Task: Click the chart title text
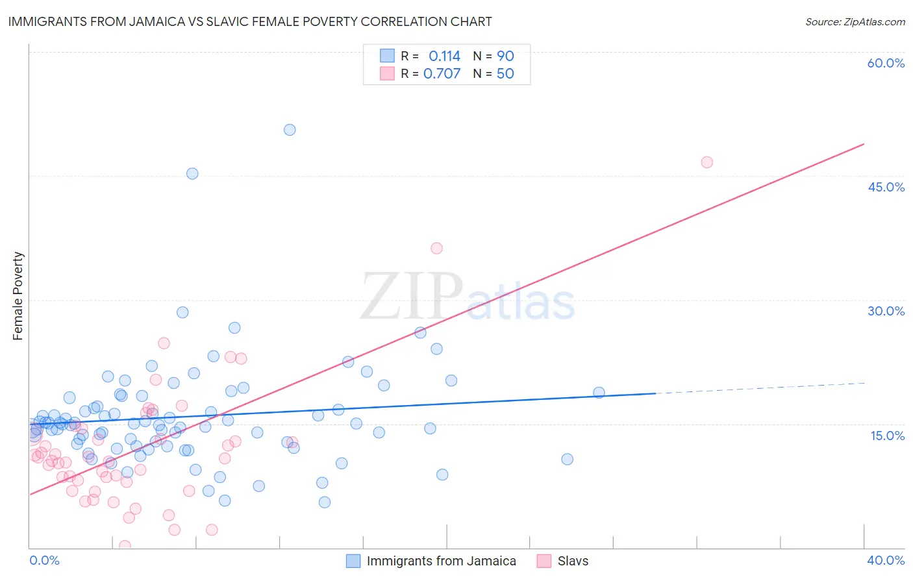[250, 21]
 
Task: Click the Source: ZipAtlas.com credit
[855, 21]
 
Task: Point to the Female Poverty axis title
[18, 296]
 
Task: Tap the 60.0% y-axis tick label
[886, 63]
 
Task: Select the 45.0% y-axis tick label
[886, 187]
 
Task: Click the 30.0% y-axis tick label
[886, 311]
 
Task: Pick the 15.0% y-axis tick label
[887, 435]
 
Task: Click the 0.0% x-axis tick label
[44, 560]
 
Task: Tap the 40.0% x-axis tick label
[885, 560]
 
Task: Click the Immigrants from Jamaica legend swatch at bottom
[353, 561]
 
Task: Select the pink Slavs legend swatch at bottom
[544, 561]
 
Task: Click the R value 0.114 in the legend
[444, 56]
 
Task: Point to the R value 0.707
[442, 73]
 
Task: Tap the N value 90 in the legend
[505, 56]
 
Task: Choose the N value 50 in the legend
[505, 73]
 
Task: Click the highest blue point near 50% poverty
[290, 130]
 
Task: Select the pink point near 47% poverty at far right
[707, 162]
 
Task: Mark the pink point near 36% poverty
[436, 248]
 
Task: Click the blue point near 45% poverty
[192, 173]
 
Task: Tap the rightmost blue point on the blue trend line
[599, 393]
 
